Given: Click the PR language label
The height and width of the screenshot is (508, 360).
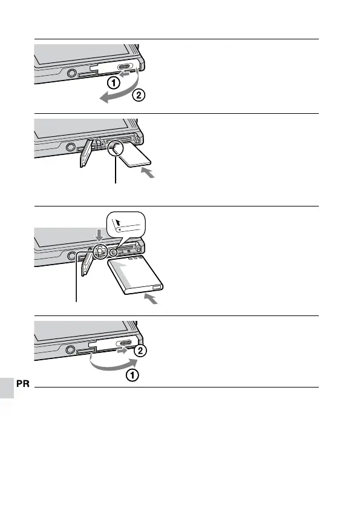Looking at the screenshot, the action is pos(22,384).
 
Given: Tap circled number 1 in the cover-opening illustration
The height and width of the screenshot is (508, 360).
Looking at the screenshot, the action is pos(113,84).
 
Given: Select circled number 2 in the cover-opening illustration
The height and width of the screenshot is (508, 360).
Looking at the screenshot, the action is pos(139,95).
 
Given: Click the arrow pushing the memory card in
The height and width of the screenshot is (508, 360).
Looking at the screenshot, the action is pos(148,173).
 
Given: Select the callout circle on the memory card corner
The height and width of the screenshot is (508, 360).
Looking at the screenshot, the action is pos(115,148).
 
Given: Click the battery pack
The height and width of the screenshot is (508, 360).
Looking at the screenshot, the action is pos(136,275).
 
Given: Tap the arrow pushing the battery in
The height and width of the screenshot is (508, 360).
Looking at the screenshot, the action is pos(151,299).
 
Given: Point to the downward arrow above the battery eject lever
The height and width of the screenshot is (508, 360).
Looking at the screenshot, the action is pos(99,236).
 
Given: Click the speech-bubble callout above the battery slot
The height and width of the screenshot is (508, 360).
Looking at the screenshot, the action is pos(126,225).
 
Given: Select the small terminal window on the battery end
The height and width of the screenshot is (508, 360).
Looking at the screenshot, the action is pos(156,288).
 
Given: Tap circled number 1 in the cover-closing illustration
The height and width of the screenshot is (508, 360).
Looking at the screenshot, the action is pos(133,375).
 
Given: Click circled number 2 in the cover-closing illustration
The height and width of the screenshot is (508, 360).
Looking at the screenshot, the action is pos(140,351).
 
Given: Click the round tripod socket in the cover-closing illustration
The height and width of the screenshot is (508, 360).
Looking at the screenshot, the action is pos(70,349).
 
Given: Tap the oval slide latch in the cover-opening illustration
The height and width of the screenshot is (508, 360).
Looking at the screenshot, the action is pos(124,67).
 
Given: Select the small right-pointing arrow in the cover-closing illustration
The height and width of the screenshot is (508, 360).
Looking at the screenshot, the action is pos(122,350).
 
